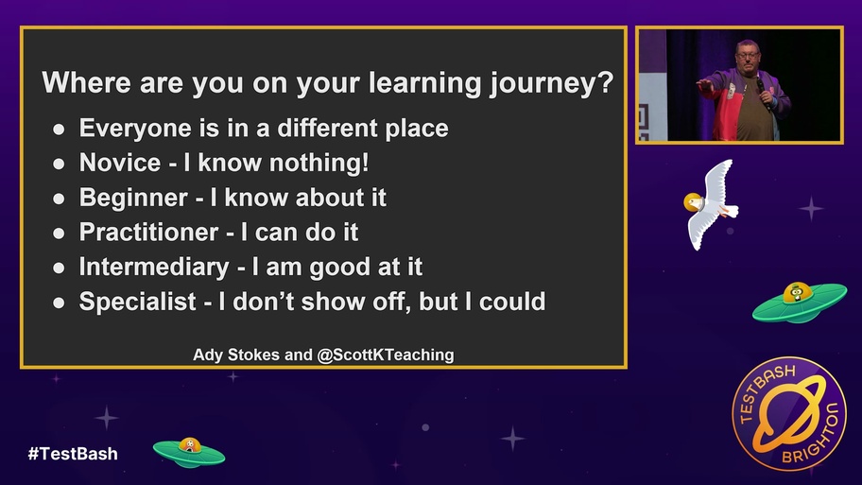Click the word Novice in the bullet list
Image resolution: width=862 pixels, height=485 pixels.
point(120,163)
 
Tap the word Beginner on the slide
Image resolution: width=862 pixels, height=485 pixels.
point(133,198)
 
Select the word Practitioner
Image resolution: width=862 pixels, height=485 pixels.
point(148,232)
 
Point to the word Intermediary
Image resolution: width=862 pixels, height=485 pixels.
point(154,268)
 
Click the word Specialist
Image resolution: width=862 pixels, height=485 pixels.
point(137,302)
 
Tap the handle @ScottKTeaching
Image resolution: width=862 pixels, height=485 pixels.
point(386,355)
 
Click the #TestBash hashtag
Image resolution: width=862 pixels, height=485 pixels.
point(73,454)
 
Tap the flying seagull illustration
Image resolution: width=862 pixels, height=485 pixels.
point(711,204)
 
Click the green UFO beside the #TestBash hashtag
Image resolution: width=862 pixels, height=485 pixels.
point(189,452)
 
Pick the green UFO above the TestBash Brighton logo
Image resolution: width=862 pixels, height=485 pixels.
point(800,302)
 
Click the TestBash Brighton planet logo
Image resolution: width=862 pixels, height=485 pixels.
point(789,413)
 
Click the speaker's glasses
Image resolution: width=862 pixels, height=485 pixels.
point(748,55)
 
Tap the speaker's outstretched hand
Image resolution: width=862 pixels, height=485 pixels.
point(704,85)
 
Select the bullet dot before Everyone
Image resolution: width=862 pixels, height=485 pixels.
point(59,130)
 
